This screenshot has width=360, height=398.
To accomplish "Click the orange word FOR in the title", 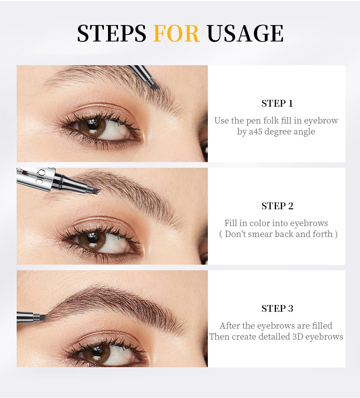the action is pos(176,33).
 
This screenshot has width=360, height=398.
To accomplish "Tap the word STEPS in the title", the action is pos(112,33).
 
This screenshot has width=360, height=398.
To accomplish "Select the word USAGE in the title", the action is pos(245,33).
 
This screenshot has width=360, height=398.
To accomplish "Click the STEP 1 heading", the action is pos(277,103).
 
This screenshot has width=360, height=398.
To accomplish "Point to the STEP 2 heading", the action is pos(277,206).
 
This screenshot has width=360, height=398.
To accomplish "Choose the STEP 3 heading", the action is pos(277,308).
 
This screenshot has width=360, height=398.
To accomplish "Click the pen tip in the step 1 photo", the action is pos(154,87).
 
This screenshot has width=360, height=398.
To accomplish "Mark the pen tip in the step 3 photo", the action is pos(44,317).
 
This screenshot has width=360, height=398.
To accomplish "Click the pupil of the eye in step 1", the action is pos(93,125).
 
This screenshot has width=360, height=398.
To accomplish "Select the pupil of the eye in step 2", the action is pos(93,238).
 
